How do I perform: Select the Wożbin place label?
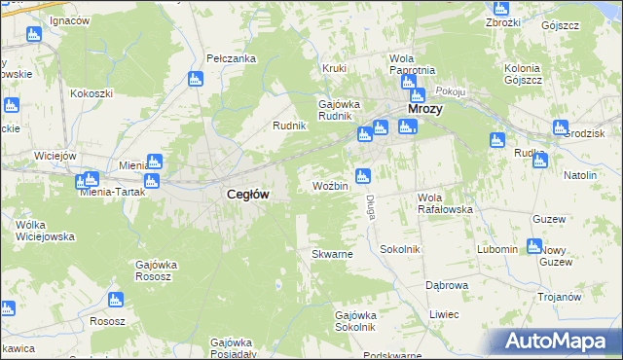click(330, 185)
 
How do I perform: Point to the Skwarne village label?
click(331, 254)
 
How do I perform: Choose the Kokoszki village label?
click(92, 93)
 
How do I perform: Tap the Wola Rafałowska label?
click(445, 202)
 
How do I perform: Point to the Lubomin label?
click(497, 249)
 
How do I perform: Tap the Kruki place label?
click(335, 69)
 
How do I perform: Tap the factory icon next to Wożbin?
click(363, 176)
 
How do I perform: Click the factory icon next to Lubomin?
click(533, 246)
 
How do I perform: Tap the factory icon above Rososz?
click(116, 300)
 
